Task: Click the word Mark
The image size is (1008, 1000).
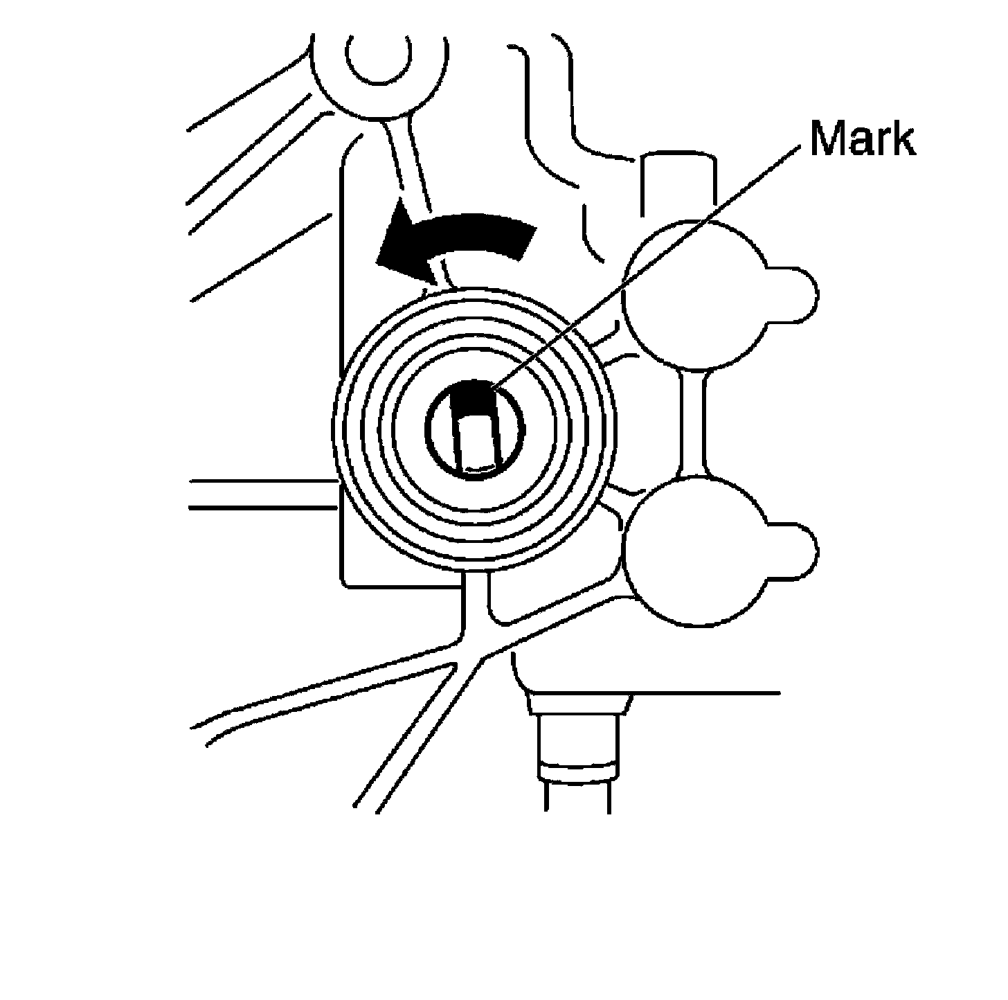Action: pyautogui.click(x=863, y=139)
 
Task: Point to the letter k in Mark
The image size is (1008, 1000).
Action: pyautogui.click(x=902, y=139)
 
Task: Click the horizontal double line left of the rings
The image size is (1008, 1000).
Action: pyautogui.click(x=263, y=493)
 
